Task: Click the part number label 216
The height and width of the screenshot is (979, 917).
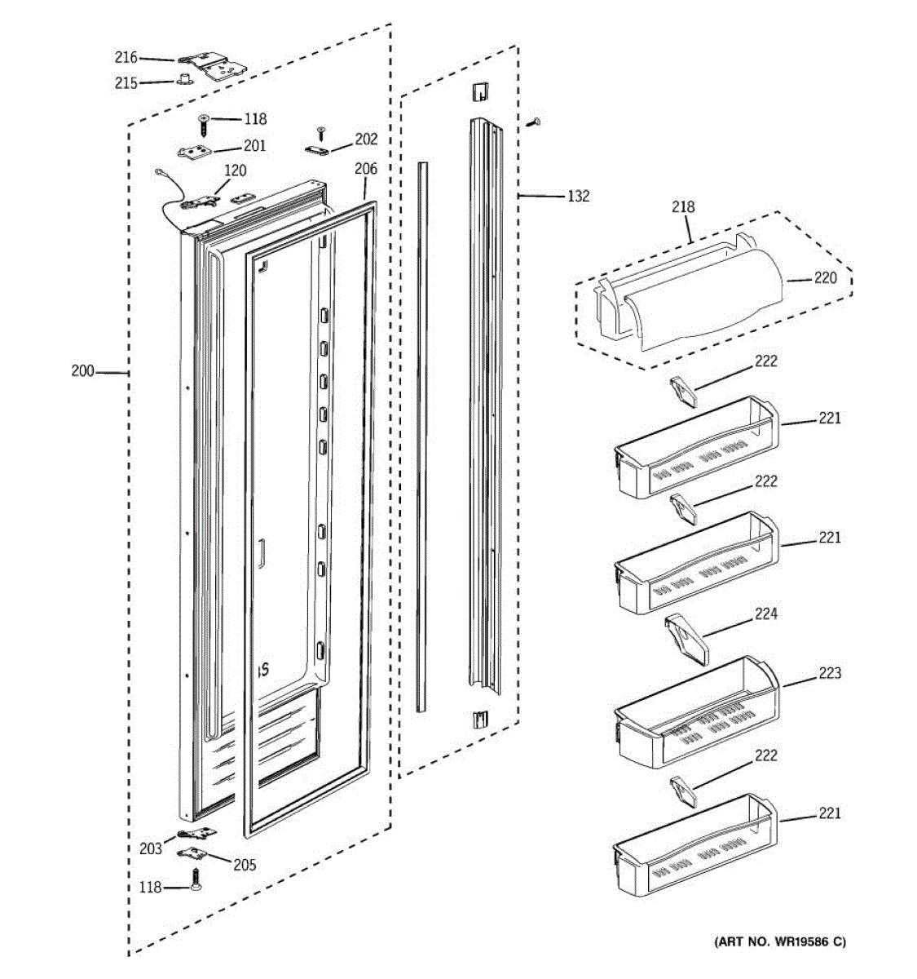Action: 126,58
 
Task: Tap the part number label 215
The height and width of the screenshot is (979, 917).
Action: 126,83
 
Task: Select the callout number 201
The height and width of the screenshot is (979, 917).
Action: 254,145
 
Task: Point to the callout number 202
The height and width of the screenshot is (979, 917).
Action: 366,139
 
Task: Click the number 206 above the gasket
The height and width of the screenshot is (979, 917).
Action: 366,169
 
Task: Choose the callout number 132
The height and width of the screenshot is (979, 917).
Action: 578,196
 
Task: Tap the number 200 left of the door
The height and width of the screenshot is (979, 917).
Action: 83,370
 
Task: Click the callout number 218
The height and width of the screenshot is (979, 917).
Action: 683,206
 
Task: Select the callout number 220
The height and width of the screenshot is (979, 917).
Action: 826,278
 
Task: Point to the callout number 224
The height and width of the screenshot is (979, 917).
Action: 765,614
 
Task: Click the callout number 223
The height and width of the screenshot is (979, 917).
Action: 830,673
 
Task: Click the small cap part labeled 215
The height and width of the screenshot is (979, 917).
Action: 183,78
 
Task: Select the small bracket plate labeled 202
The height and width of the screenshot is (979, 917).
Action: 317,151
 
